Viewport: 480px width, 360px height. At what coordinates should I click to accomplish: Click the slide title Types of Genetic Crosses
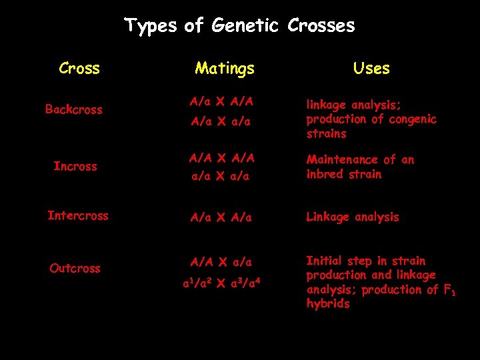click(x=239, y=26)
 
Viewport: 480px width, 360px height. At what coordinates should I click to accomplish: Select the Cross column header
click(x=79, y=68)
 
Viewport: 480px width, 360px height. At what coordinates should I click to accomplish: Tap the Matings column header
click(x=225, y=68)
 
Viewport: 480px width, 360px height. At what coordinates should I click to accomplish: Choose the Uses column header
click(x=371, y=68)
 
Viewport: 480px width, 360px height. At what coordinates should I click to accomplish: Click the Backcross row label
click(x=73, y=109)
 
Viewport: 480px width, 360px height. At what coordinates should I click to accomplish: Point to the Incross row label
click(x=75, y=166)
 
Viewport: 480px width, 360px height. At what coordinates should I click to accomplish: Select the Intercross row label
click(x=77, y=216)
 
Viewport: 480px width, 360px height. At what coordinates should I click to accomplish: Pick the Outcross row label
click(x=75, y=269)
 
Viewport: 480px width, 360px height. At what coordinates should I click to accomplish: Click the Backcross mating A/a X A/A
click(x=221, y=102)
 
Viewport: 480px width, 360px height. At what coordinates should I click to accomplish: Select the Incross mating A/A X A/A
click(x=221, y=159)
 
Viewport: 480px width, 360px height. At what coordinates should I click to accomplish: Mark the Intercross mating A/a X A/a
click(x=221, y=217)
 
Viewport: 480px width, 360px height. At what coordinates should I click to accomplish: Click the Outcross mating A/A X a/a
click(x=221, y=261)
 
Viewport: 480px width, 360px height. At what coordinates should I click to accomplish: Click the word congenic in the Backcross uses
click(x=413, y=119)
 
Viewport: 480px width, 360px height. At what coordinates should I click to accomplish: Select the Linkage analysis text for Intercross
click(x=352, y=217)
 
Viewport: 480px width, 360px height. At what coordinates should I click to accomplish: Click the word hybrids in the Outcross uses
click(x=328, y=304)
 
